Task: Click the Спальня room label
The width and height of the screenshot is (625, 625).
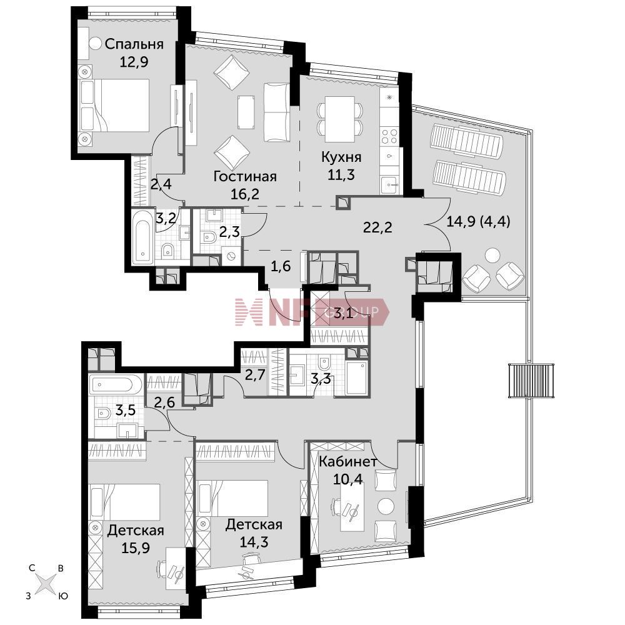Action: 134,44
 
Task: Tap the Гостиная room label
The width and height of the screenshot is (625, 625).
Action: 245,176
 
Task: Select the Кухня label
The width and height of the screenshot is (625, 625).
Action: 342,157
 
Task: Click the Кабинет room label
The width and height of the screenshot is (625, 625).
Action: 348,462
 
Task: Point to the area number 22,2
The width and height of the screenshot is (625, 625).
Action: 377,227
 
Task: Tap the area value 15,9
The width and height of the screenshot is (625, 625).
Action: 136,547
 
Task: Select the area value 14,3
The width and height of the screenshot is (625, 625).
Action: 254,542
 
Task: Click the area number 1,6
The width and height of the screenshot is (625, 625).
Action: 281,266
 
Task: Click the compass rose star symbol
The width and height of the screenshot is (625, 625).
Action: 44,582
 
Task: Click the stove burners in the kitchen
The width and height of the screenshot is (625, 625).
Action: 389,136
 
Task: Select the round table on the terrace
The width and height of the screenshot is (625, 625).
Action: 492,255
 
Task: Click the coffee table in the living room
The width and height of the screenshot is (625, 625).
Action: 246,112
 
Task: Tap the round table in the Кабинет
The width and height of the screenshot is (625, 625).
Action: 386,506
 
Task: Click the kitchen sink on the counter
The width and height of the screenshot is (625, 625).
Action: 389,184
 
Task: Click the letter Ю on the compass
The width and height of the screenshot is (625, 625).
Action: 63,596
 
